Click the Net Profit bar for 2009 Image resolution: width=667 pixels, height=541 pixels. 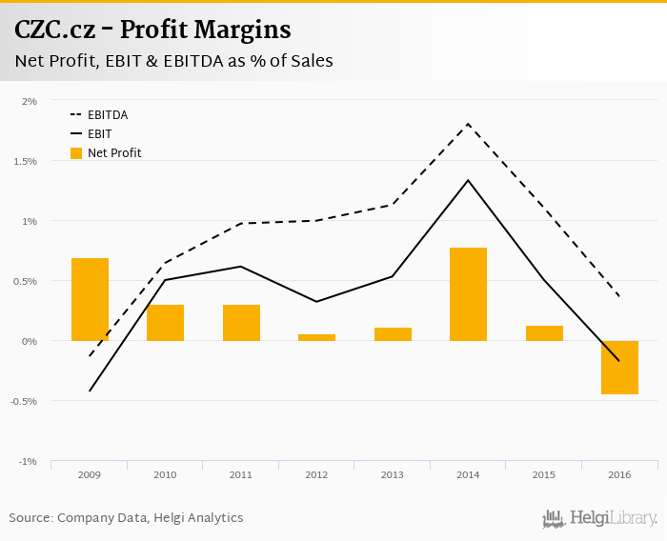click(90, 299)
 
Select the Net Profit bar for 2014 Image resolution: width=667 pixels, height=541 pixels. click(468, 294)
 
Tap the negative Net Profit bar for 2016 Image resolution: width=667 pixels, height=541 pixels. click(619, 368)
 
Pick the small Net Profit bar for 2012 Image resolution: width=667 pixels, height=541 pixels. click(316, 337)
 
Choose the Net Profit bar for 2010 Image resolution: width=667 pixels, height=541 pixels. click(165, 323)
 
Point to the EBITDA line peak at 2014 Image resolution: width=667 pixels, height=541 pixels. click(468, 124)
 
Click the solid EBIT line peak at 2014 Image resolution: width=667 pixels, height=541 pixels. click(468, 180)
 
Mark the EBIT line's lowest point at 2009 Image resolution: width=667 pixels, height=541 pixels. click(90, 391)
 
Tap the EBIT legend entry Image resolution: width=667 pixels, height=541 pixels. click(99, 134)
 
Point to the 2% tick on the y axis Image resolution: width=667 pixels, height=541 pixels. click(30, 101)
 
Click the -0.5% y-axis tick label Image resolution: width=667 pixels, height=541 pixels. click(24, 401)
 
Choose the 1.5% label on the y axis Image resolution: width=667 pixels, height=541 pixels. click(25, 161)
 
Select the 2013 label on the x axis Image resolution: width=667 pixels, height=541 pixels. click(392, 474)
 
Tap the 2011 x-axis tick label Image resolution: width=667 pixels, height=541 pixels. click(240, 474)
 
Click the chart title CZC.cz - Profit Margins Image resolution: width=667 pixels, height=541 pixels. click(152, 30)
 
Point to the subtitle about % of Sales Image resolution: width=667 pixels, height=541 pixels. click(173, 61)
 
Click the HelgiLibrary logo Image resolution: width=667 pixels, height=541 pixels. click(599, 519)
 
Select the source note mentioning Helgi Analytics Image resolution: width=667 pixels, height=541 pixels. click(126, 518)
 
